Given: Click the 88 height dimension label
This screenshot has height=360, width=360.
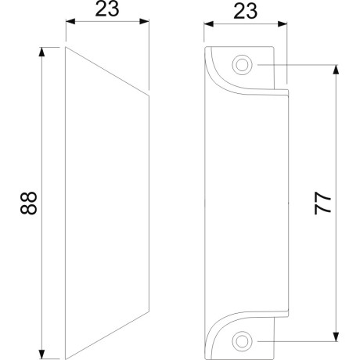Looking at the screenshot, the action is pos(28,203).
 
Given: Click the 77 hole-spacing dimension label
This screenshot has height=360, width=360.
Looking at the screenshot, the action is pos(322,203).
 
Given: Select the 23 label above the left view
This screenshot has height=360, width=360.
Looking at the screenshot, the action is pos(107,9).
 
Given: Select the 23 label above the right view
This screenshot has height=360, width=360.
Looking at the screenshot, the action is pos(245,12).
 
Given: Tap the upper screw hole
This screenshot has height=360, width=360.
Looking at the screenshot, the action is pos(242,65).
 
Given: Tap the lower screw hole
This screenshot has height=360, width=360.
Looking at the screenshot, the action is pos(242,341).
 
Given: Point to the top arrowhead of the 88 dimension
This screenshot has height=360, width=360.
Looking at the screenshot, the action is pos(41,52).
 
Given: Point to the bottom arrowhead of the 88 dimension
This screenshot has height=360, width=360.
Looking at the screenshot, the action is pos(41,355).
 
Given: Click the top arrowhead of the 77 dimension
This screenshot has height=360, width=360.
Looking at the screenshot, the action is pos(337,70).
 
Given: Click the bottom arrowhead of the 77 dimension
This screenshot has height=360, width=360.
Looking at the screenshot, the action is pos(337,337).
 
